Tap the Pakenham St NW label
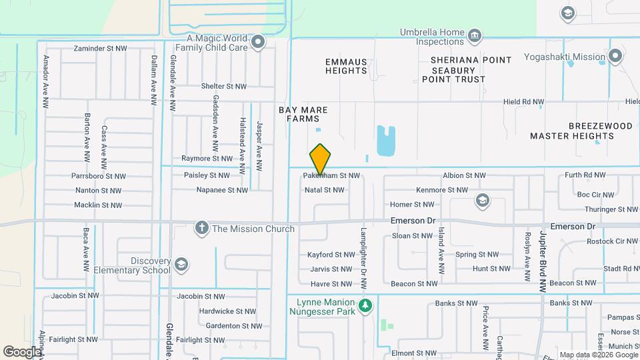(x=331, y=176)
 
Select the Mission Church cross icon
(x=201, y=229)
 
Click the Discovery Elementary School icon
(x=180, y=265)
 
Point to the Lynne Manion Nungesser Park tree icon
(x=365, y=306)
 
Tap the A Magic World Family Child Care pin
(x=259, y=43)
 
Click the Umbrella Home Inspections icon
(x=475, y=36)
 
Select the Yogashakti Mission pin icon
(x=616, y=57)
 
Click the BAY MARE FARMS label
(x=299, y=113)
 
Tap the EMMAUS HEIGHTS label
(x=346, y=66)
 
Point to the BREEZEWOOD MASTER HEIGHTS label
(x=571, y=131)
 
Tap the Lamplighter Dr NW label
(x=364, y=260)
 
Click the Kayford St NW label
(x=331, y=255)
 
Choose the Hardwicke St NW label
(x=227, y=311)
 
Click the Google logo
(x=22, y=351)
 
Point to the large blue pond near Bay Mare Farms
(x=386, y=140)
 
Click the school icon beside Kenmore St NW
(x=482, y=200)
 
